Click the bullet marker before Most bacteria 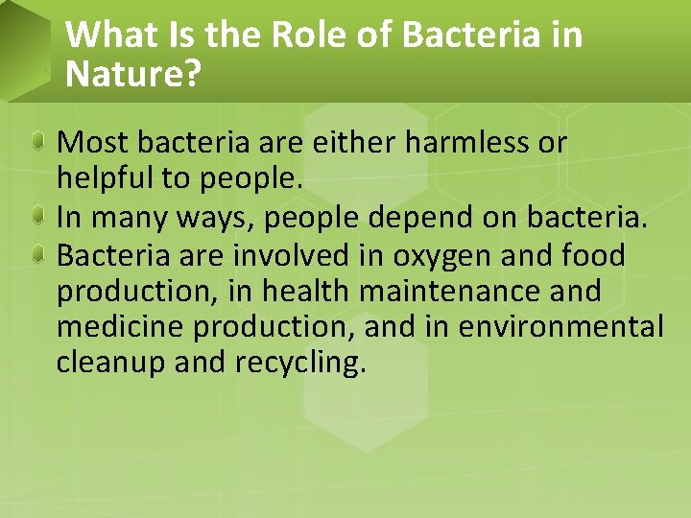36,143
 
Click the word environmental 560,327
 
